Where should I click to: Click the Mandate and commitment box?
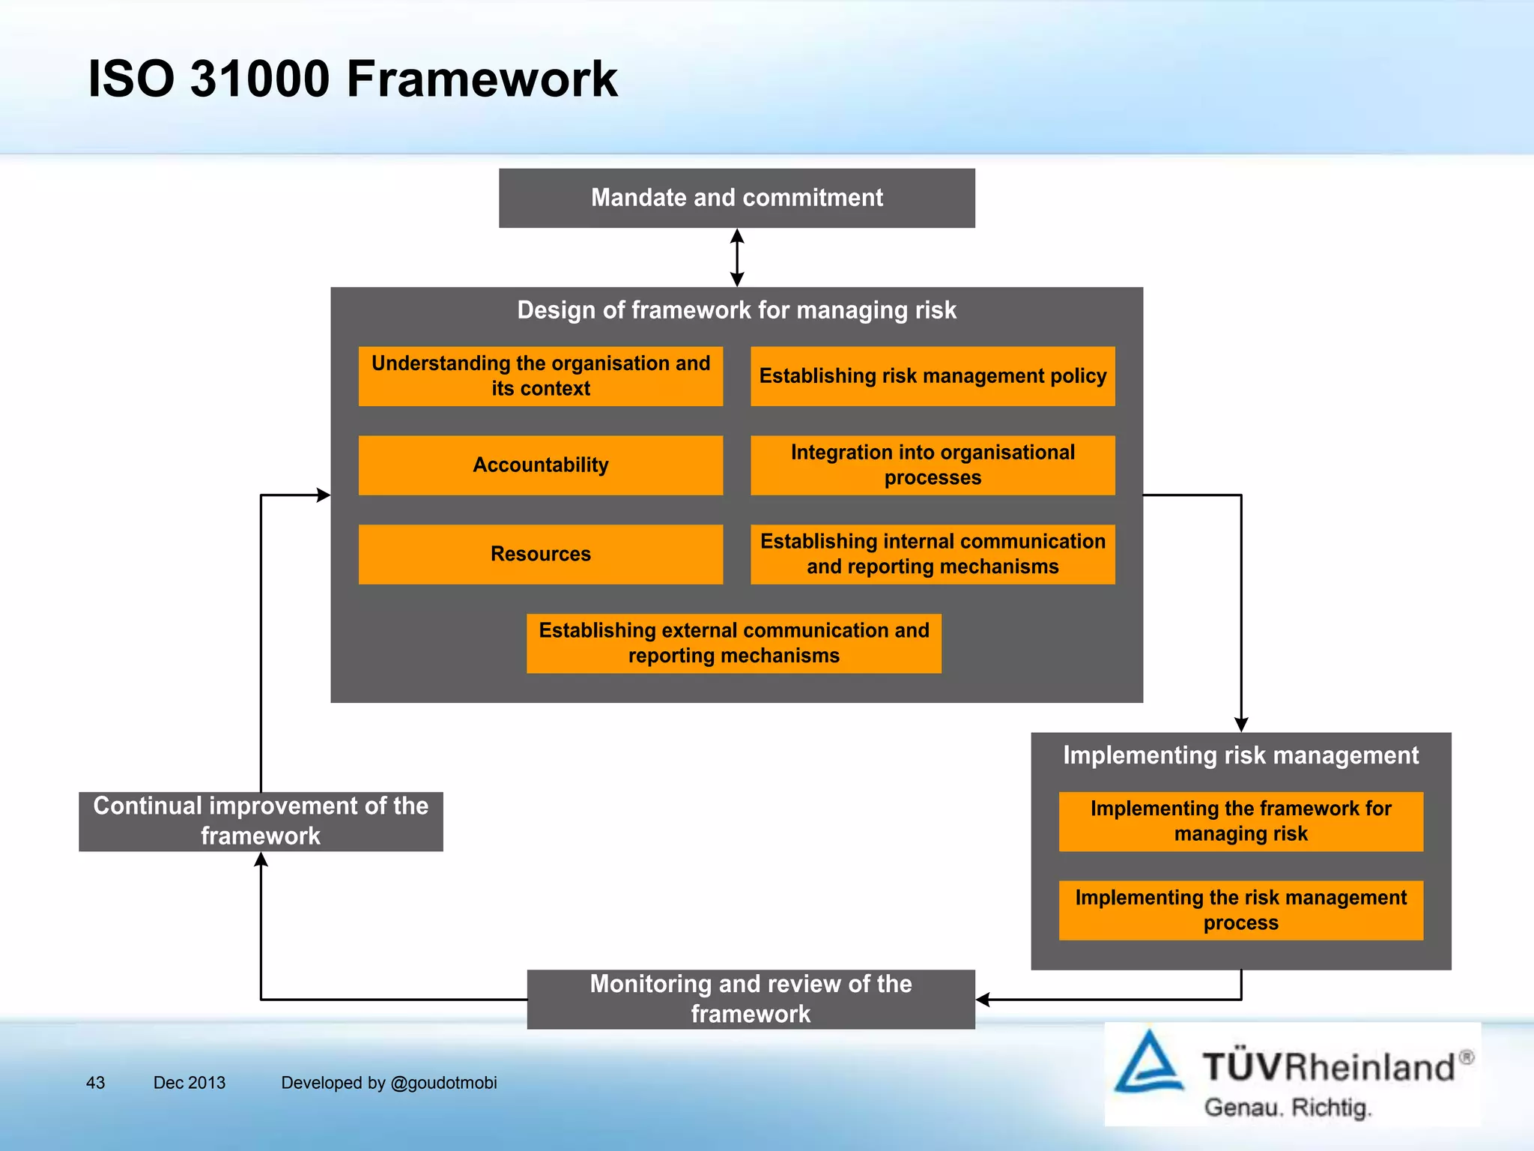point(737,198)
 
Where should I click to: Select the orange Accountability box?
point(541,465)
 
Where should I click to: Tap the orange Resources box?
point(541,554)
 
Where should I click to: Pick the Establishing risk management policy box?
point(933,376)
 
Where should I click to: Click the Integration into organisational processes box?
point(933,465)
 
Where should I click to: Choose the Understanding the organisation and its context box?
point(541,376)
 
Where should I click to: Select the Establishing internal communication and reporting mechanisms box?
point(933,554)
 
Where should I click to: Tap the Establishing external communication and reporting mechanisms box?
point(734,643)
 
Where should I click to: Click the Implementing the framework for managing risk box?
point(1241,821)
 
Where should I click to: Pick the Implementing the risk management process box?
point(1241,910)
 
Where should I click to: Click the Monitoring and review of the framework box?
point(751,999)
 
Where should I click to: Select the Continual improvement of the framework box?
point(261,821)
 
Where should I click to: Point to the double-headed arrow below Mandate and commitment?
point(737,258)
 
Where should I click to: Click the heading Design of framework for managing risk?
point(737,310)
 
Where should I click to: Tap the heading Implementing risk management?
point(1241,755)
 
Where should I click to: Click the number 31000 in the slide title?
point(259,79)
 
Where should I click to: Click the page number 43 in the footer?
point(95,1083)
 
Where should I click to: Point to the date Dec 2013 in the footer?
point(189,1083)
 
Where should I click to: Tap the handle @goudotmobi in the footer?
point(443,1083)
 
